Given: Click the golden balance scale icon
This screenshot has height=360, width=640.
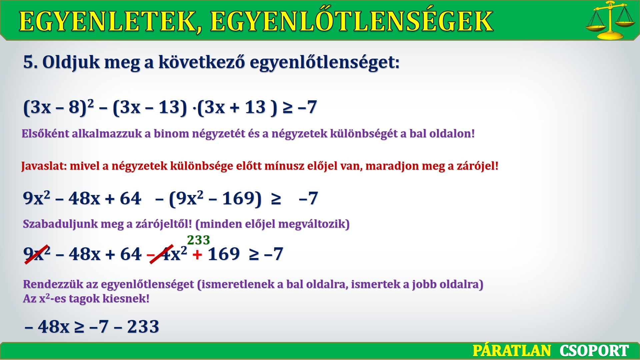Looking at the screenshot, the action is click(x=610, y=20).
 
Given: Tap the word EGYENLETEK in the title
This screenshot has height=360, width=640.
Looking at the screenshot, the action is click(x=110, y=21).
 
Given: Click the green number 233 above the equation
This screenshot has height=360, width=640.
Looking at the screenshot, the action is click(x=198, y=240).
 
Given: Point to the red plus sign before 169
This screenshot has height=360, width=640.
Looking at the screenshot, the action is click(x=197, y=255).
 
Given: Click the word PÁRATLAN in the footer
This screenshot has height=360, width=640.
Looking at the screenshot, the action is click(x=512, y=351).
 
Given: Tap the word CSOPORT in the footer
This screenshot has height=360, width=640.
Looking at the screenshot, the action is click(x=594, y=351).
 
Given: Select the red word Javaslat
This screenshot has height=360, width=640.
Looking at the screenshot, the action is click(x=44, y=166).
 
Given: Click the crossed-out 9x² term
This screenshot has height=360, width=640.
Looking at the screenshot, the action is click(x=37, y=254).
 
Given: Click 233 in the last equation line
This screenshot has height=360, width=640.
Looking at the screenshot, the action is click(x=143, y=326).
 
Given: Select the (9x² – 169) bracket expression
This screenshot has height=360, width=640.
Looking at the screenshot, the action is click(x=215, y=199).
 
